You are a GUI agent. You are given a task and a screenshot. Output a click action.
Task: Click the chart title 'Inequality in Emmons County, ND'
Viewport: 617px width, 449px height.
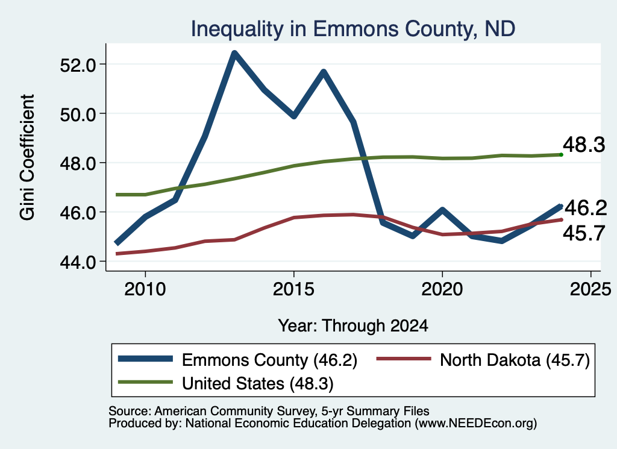(x=353, y=29)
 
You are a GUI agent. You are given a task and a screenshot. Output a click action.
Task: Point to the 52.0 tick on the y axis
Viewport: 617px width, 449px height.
(x=78, y=65)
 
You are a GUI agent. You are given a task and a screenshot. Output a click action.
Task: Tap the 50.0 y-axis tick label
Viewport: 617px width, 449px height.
(x=78, y=115)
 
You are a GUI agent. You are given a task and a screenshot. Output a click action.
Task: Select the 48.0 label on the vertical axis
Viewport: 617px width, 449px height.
(x=78, y=164)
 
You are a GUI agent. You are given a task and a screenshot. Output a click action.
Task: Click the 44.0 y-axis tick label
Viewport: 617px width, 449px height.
(x=78, y=262)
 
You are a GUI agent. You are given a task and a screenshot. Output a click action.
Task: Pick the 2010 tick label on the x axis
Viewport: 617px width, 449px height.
(x=145, y=289)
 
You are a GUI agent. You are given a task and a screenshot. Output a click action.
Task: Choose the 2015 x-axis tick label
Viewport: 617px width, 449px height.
(x=293, y=289)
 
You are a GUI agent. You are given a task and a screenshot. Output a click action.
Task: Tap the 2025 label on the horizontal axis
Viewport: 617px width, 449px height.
(x=590, y=289)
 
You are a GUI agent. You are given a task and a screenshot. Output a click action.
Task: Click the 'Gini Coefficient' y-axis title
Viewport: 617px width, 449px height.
(x=27, y=157)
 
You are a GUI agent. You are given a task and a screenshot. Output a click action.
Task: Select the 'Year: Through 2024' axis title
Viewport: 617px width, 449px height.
(x=353, y=326)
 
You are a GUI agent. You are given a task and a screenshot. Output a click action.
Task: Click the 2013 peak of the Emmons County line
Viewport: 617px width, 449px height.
(x=234, y=53)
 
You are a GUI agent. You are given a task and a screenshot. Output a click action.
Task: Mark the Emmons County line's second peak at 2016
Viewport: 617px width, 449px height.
(x=324, y=72)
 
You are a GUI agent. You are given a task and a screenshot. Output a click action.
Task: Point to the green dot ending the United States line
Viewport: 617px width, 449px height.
(x=561, y=155)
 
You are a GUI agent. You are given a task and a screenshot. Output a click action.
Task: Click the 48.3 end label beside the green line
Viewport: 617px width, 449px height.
(x=584, y=145)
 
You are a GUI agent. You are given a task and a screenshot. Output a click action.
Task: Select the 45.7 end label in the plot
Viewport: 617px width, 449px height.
(x=584, y=233)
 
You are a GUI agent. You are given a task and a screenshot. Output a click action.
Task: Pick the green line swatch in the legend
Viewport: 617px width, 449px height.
(x=145, y=382)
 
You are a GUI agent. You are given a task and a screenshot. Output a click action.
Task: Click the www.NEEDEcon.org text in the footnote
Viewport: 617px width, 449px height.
(x=475, y=424)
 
